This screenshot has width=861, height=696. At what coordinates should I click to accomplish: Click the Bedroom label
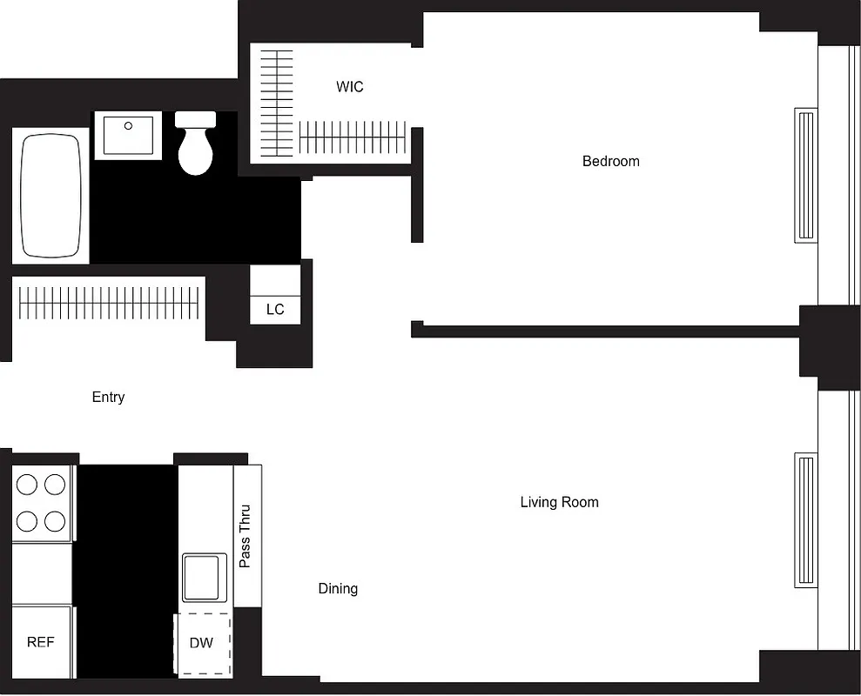click(610, 161)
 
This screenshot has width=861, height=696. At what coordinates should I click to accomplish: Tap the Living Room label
click(559, 502)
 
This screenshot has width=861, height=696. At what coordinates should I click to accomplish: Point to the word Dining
click(338, 589)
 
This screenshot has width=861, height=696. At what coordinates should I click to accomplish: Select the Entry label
click(108, 397)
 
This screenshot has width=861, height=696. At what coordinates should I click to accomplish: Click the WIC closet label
click(350, 87)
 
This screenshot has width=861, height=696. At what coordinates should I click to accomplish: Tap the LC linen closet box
click(275, 310)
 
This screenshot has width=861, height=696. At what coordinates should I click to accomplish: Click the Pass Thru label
click(246, 536)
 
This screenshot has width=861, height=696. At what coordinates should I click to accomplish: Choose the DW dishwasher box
click(202, 644)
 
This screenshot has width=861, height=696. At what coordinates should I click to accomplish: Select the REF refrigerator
click(41, 642)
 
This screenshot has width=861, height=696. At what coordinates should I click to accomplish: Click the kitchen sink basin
click(205, 577)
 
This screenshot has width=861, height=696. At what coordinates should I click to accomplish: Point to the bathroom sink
click(128, 135)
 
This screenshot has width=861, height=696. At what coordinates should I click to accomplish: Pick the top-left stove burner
click(27, 484)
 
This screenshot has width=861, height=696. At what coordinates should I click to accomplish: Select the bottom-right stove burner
click(55, 521)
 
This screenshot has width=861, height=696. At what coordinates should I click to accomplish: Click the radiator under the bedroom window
click(805, 174)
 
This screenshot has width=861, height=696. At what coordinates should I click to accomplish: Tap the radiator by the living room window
click(805, 519)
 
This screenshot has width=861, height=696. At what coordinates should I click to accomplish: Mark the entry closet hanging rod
click(108, 302)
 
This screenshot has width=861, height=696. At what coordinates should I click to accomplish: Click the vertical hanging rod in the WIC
click(279, 103)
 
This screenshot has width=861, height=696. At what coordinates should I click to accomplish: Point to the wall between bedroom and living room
click(609, 331)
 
